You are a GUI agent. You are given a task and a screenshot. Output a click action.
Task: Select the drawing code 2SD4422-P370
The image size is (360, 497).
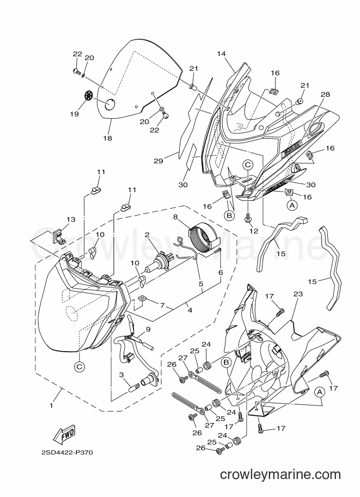click(x=67, y=452)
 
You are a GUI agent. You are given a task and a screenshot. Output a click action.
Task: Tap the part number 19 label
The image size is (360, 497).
click(x=75, y=113)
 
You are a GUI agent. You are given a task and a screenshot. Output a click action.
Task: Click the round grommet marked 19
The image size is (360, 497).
click(x=89, y=95)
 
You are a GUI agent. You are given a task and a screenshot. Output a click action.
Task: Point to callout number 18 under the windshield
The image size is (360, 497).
click(x=107, y=138)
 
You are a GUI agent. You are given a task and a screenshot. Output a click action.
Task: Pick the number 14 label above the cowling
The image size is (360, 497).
click(x=222, y=54)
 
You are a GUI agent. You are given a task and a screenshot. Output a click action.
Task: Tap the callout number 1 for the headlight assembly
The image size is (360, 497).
click(x=51, y=405)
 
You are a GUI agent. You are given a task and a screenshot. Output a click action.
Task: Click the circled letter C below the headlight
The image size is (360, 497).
click(x=79, y=367)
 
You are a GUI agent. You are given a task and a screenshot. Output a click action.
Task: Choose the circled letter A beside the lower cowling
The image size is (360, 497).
click(x=319, y=392)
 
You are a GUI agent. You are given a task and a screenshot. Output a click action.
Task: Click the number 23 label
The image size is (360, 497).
click(x=298, y=294)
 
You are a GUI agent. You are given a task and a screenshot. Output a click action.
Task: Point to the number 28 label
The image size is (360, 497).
click(x=325, y=94)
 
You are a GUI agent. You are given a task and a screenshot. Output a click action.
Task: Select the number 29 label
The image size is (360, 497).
click(x=158, y=161)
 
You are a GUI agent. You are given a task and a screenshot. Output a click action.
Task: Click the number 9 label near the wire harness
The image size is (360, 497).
click(x=148, y=329)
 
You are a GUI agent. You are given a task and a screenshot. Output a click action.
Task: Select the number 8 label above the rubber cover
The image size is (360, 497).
click(x=175, y=217)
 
